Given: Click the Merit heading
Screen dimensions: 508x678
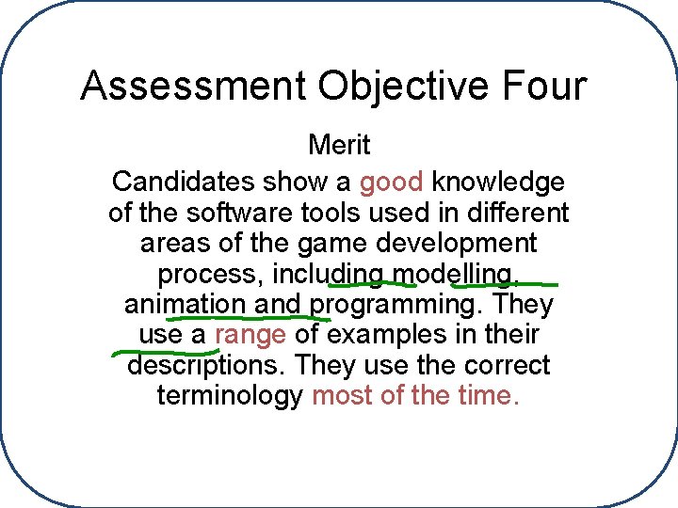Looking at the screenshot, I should [x=339, y=146].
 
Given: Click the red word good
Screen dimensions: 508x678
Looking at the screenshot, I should [x=392, y=182].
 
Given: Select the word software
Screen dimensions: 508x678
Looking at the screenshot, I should [x=227, y=213].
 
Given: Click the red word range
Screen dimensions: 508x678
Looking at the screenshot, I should [x=250, y=334].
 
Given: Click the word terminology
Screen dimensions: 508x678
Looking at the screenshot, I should [x=230, y=395].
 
